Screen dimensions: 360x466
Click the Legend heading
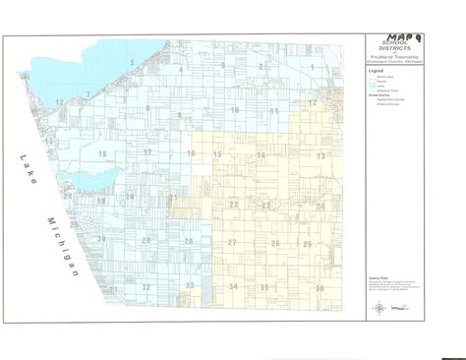tap(377, 72)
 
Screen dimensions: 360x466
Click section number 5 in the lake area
tap(131, 62)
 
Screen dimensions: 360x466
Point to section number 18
tap(101, 154)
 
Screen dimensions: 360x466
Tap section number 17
tap(146, 153)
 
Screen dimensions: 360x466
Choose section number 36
tap(320, 288)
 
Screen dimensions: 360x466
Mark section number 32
tap(146, 287)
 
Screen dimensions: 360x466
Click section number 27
tap(232, 242)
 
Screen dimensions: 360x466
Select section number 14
tap(261, 155)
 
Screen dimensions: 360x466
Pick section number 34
tap(233, 286)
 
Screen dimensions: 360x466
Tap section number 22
tap(233, 204)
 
